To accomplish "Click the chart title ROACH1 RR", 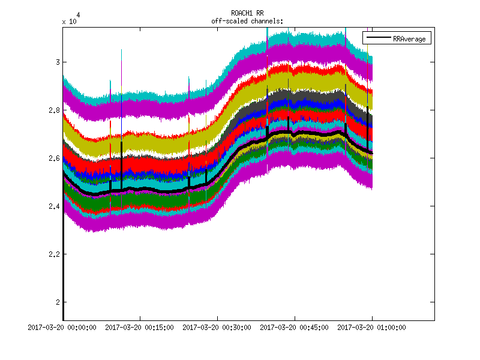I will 247,13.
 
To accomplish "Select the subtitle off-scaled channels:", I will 247,21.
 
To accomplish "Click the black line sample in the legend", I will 378,38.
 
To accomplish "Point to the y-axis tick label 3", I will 56,62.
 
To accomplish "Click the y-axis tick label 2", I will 56,302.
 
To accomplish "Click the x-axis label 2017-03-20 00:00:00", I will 64,328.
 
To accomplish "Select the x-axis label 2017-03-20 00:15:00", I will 140,328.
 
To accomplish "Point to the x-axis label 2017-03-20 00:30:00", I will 218,328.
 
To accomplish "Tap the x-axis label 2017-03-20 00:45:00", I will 295,328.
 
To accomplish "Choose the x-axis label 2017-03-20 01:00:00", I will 372,328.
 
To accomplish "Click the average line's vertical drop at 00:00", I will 64,252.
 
